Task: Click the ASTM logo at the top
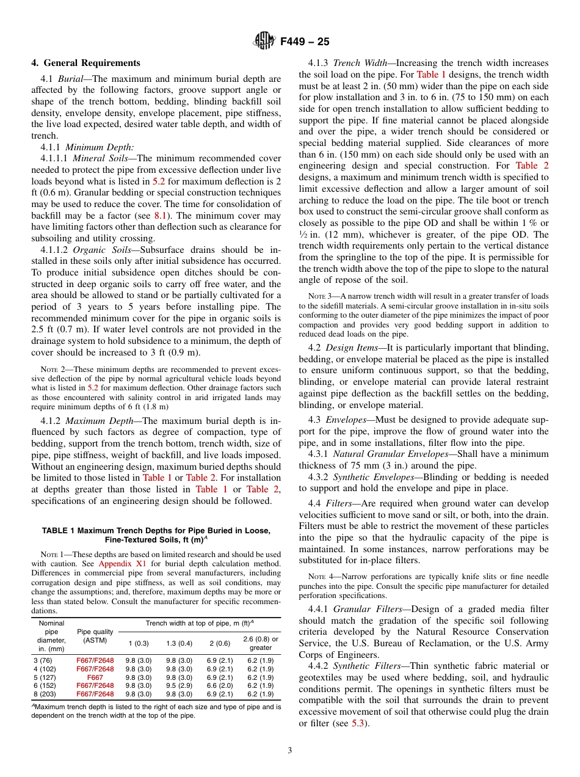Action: pyautogui.click(x=264, y=42)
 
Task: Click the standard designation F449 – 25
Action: pyautogui.click(x=305, y=42)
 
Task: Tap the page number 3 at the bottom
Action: pyautogui.click(x=290, y=751)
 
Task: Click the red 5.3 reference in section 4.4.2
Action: pyautogui.click(x=358, y=723)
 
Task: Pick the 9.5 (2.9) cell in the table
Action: pyautogui.click(x=179, y=685)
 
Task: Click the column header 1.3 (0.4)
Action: pyautogui.click(x=179, y=643)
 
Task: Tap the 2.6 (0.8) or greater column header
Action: pyautogui.click(x=261, y=643)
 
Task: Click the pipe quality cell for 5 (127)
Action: pyautogui.click(x=95, y=677)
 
